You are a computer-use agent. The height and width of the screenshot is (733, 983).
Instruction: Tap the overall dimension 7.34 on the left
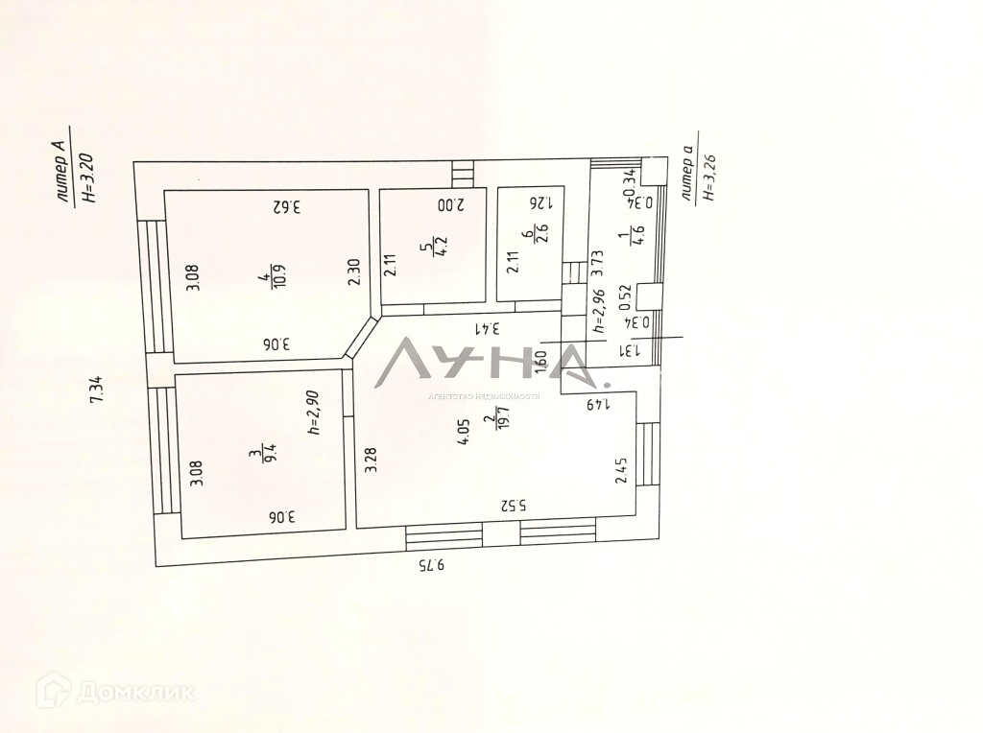click(x=96, y=390)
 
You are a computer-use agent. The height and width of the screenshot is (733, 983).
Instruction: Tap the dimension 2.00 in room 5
click(x=450, y=204)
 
